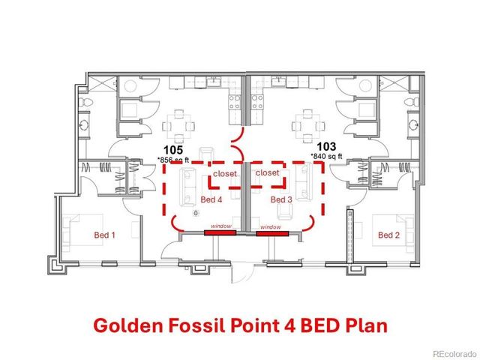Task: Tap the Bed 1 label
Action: tap(104, 235)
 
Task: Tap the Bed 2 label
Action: tap(388, 235)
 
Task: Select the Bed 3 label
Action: tap(280, 199)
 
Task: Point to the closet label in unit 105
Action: tap(224, 173)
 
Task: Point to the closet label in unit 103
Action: tap(268, 173)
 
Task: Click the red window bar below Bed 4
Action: tap(220, 233)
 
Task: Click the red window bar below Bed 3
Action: tap(272, 233)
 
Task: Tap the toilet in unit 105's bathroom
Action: tap(87, 101)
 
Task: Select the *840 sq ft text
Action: tap(326, 157)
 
